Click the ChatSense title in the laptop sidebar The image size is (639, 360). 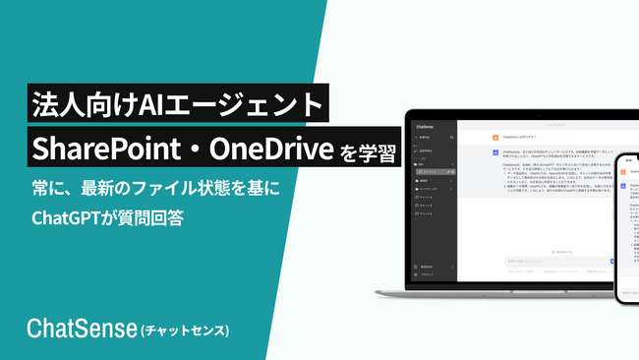pyautogui.click(x=433, y=127)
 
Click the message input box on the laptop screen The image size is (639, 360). pyautogui.click(x=551, y=262)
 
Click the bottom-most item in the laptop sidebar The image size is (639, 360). pyautogui.click(x=427, y=274)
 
